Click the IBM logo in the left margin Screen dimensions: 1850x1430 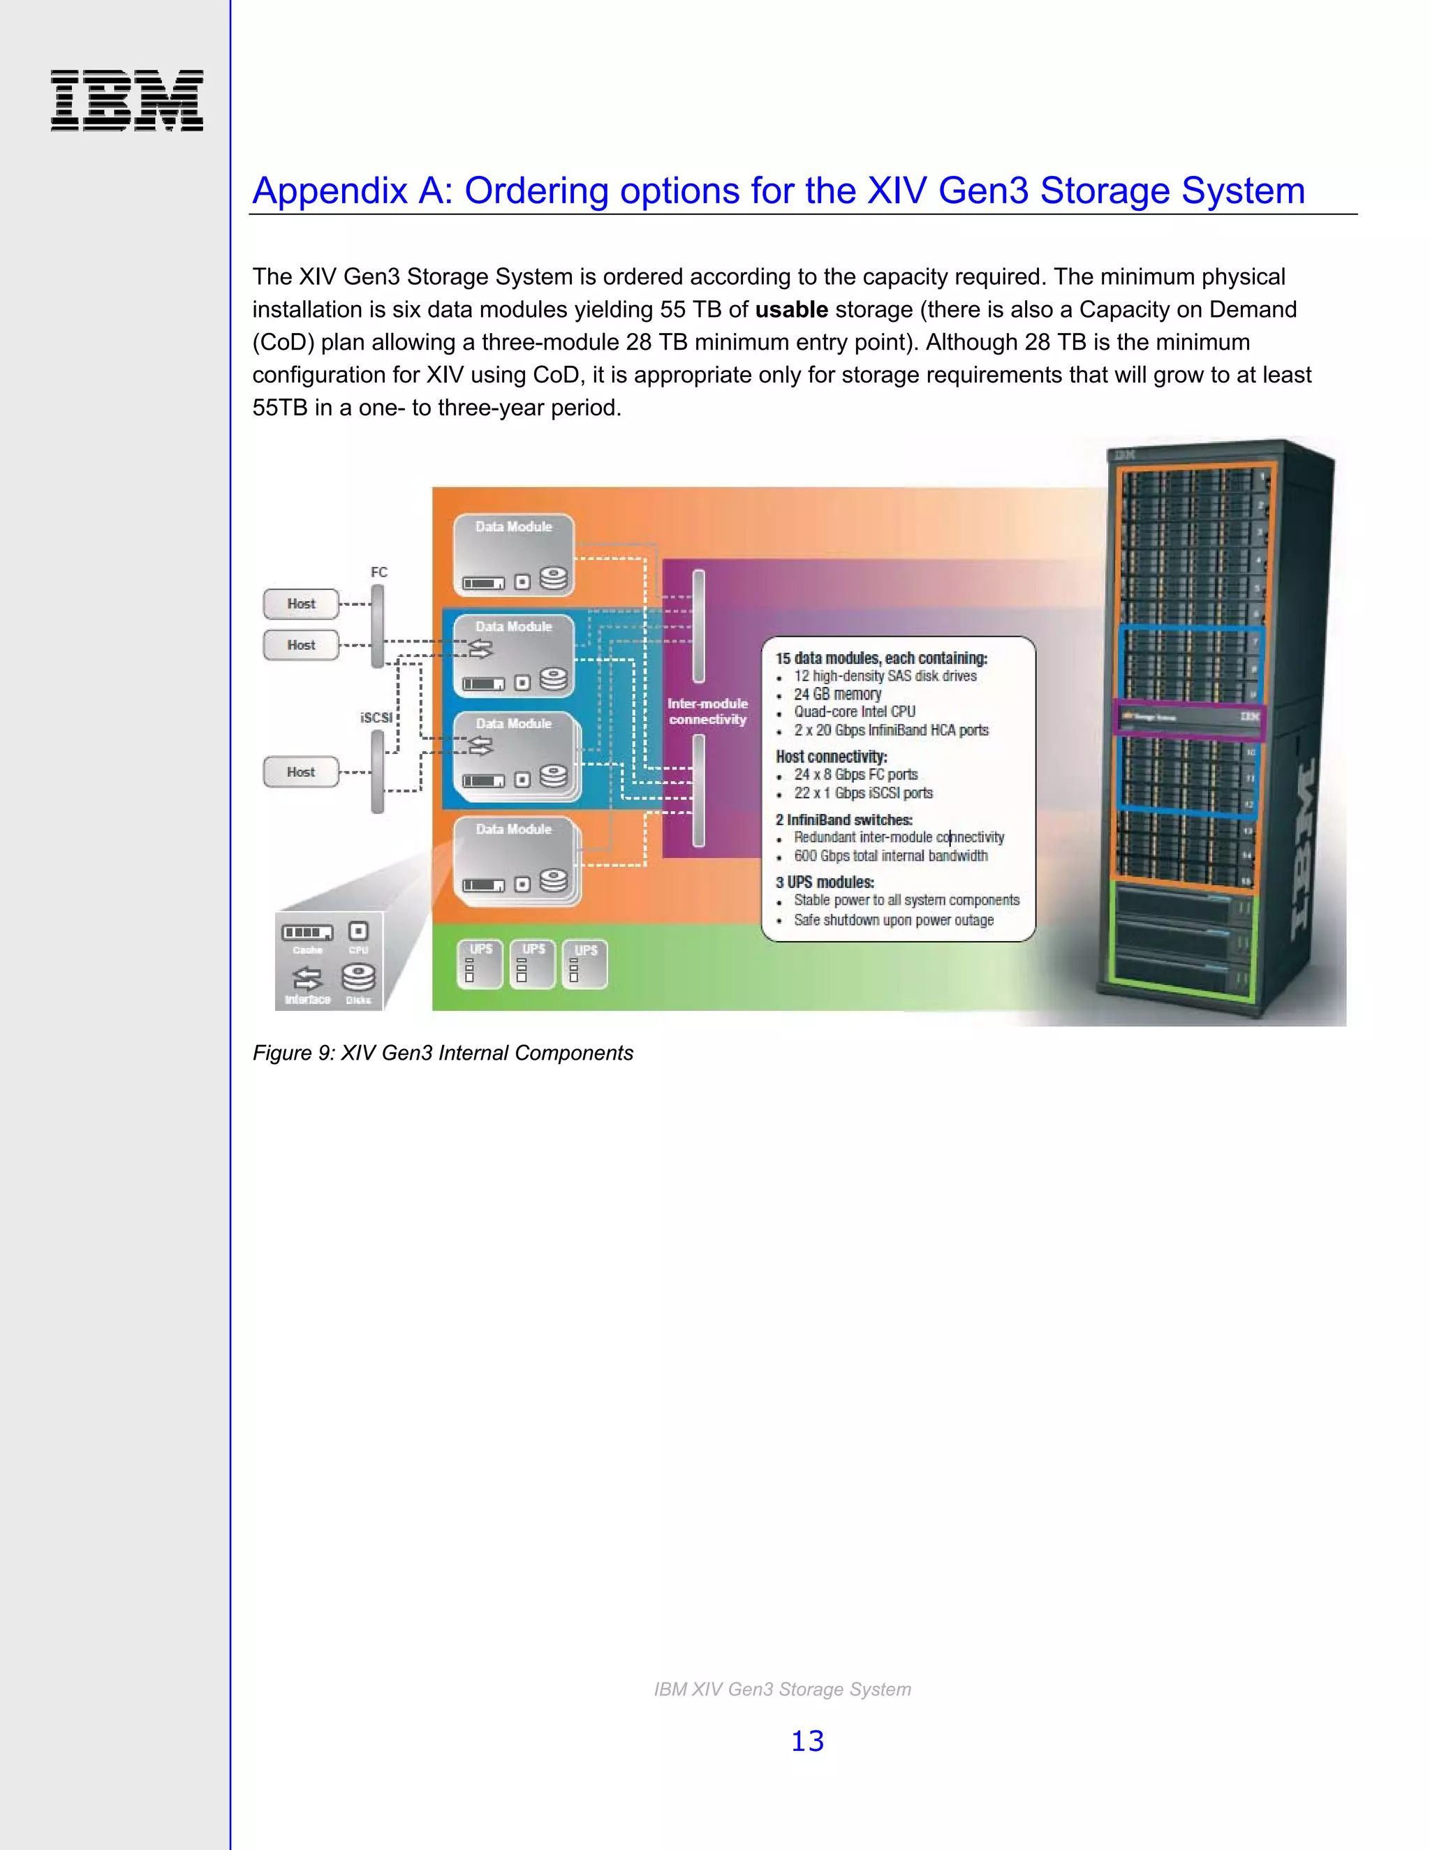click(127, 101)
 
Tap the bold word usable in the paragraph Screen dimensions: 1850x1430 click(791, 310)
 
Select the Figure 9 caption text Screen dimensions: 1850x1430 click(442, 1053)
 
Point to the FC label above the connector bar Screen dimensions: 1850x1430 click(378, 572)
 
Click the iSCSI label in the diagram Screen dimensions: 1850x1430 click(376, 718)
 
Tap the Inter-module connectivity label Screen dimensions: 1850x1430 click(707, 711)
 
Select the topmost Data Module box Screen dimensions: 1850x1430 click(513, 555)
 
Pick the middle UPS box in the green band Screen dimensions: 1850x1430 click(533, 964)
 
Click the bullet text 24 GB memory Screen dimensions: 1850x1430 click(837, 694)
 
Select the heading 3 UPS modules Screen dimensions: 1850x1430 click(825, 882)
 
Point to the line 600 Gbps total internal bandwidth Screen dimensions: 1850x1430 click(890, 856)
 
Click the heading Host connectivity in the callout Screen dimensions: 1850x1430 click(831, 757)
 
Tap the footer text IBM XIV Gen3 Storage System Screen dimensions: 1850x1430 click(782, 1689)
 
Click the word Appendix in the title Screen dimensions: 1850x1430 click(330, 191)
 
